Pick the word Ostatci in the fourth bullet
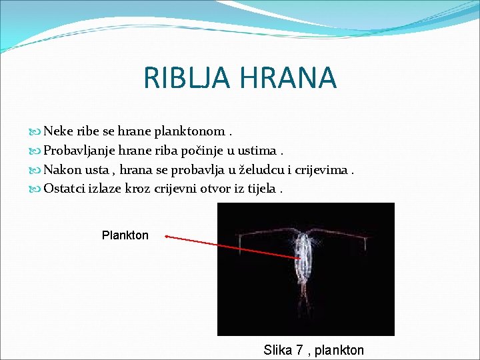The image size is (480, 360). pyautogui.click(x=65, y=188)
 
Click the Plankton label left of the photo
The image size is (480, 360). pyautogui.click(x=125, y=235)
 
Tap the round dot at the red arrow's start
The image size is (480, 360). pyautogui.click(x=166, y=235)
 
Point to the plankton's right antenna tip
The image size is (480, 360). pyautogui.click(x=365, y=249)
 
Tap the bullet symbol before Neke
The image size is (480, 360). pyautogui.click(x=36, y=132)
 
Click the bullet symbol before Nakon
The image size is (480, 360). pyautogui.click(x=36, y=169)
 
